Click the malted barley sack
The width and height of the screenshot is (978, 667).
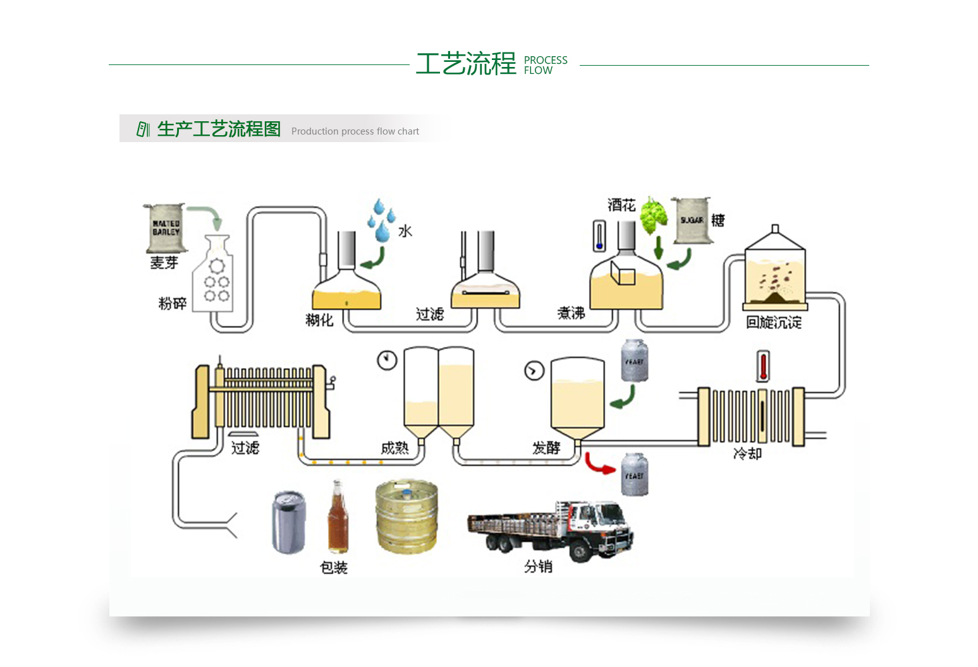pyautogui.click(x=165, y=227)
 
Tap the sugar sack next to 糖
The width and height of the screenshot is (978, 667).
pyautogui.click(x=691, y=220)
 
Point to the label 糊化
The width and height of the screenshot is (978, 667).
pyautogui.click(x=319, y=320)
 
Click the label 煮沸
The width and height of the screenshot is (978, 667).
pyautogui.click(x=571, y=313)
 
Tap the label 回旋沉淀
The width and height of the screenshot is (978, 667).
pyautogui.click(x=773, y=323)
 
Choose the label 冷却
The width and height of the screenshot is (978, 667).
pyautogui.click(x=747, y=454)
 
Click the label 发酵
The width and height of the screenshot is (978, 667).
pyautogui.click(x=546, y=448)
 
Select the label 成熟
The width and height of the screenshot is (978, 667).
pyautogui.click(x=395, y=448)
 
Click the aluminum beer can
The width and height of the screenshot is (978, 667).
pyautogui.click(x=289, y=522)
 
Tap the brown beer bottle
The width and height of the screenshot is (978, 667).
pyautogui.click(x=338, y=518)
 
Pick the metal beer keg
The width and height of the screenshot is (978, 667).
pyautogui.click(x=406, y=516)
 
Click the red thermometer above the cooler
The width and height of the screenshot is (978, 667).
pyautogui.click(x=764, y=367)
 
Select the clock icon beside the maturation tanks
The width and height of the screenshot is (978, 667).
pyautogui.click(x=387, y=360)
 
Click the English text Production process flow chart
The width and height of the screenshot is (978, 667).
pyautogui.click(x=355, y=131)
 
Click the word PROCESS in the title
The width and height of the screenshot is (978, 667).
pyautogui.click(x=546, y=60)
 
